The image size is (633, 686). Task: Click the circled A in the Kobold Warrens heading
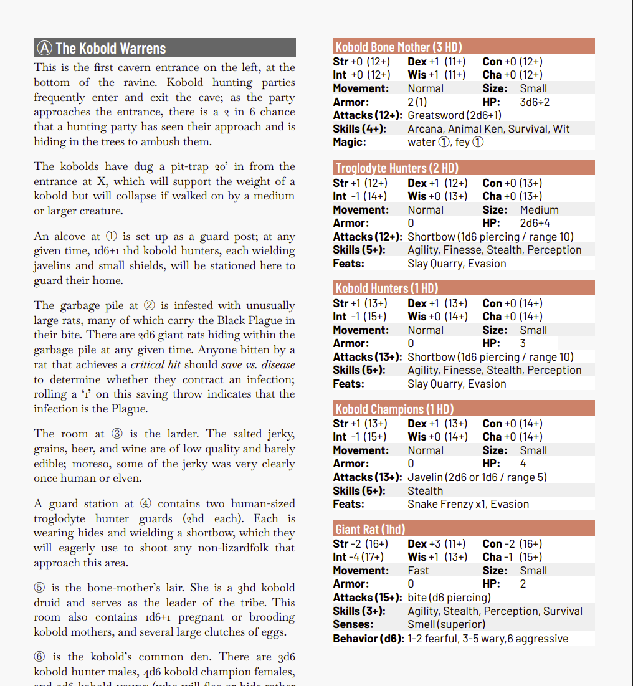coord(44,49)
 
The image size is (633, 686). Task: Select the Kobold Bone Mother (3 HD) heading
coord(398,47)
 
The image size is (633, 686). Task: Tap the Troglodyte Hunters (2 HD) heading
coord(396,168)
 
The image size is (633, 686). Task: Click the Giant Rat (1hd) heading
coord(370,529)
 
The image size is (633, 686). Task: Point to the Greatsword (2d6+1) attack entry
coord(454,115)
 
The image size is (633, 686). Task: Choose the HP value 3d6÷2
coord(535,102)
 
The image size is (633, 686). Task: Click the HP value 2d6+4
coord(535,223)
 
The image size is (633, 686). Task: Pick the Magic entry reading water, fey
coord(445,142)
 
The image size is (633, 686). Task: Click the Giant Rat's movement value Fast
coord(418,571)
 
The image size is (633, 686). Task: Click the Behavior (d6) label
coord(368,639)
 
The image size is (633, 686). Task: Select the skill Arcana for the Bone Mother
coord(424,129)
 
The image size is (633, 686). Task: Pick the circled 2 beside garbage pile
coord(150,305)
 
